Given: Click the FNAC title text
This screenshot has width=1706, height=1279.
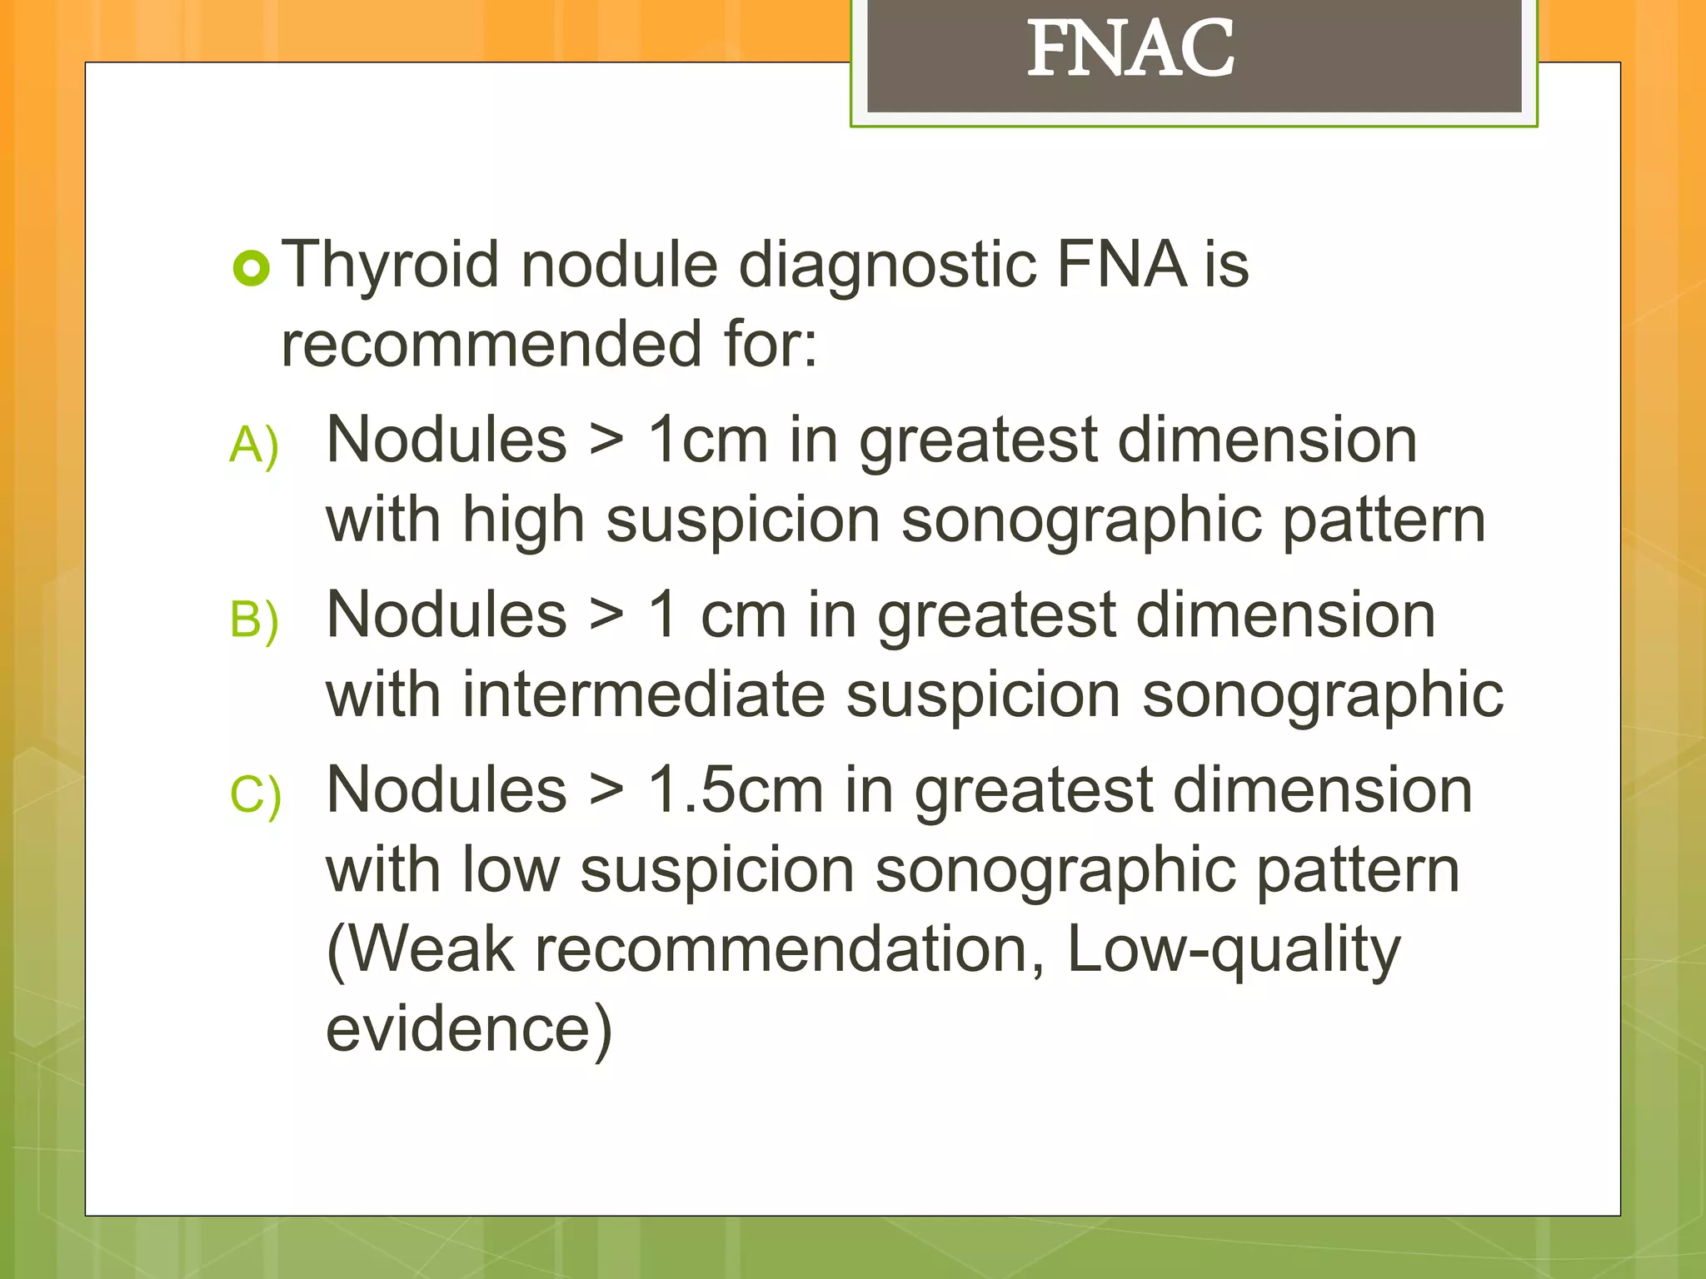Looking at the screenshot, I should pyautogui.click(x=1130, y=50).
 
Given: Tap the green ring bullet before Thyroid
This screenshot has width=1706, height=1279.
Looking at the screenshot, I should pyautogui.click(x=251, y=268).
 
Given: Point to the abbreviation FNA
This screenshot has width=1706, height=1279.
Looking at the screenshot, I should pyautogui.click(x=1121, y=265).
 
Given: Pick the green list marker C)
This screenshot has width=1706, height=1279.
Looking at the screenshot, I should pyautogui.click(x=255, y=795).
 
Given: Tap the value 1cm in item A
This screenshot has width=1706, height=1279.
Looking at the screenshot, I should pyautogui.click(x=707, y=440).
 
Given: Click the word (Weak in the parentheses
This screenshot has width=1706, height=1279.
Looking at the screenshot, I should pyautogui.click(x=421, y=950).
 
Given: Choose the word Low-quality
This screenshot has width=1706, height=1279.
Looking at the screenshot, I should pyautogui.click(x=1233, y=950).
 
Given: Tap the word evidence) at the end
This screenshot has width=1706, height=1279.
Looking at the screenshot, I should pyautogui.click(x=469, y=1029).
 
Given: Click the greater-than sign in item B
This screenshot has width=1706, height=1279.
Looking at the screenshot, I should pyautogui.click(x=606, y=617).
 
